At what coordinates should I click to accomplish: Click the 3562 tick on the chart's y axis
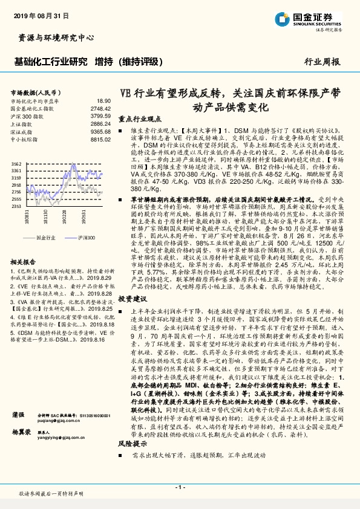(x=16, y=164)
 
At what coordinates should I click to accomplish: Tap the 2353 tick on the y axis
(x=16, y=206)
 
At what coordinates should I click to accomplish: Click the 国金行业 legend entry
(x=45, y=238)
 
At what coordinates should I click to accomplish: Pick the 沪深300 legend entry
(x=87, y=238)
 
